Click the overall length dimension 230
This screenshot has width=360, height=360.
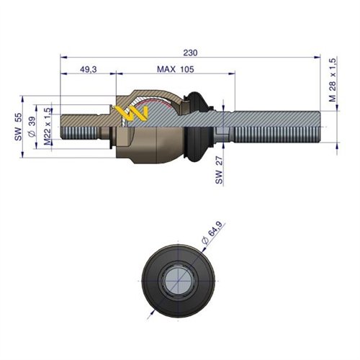(191, 53)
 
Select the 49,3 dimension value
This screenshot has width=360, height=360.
(88, 70)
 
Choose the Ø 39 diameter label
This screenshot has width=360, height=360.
(32, 127)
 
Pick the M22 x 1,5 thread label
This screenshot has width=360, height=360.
(47, 127)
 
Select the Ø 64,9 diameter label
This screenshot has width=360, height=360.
(215, 233)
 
